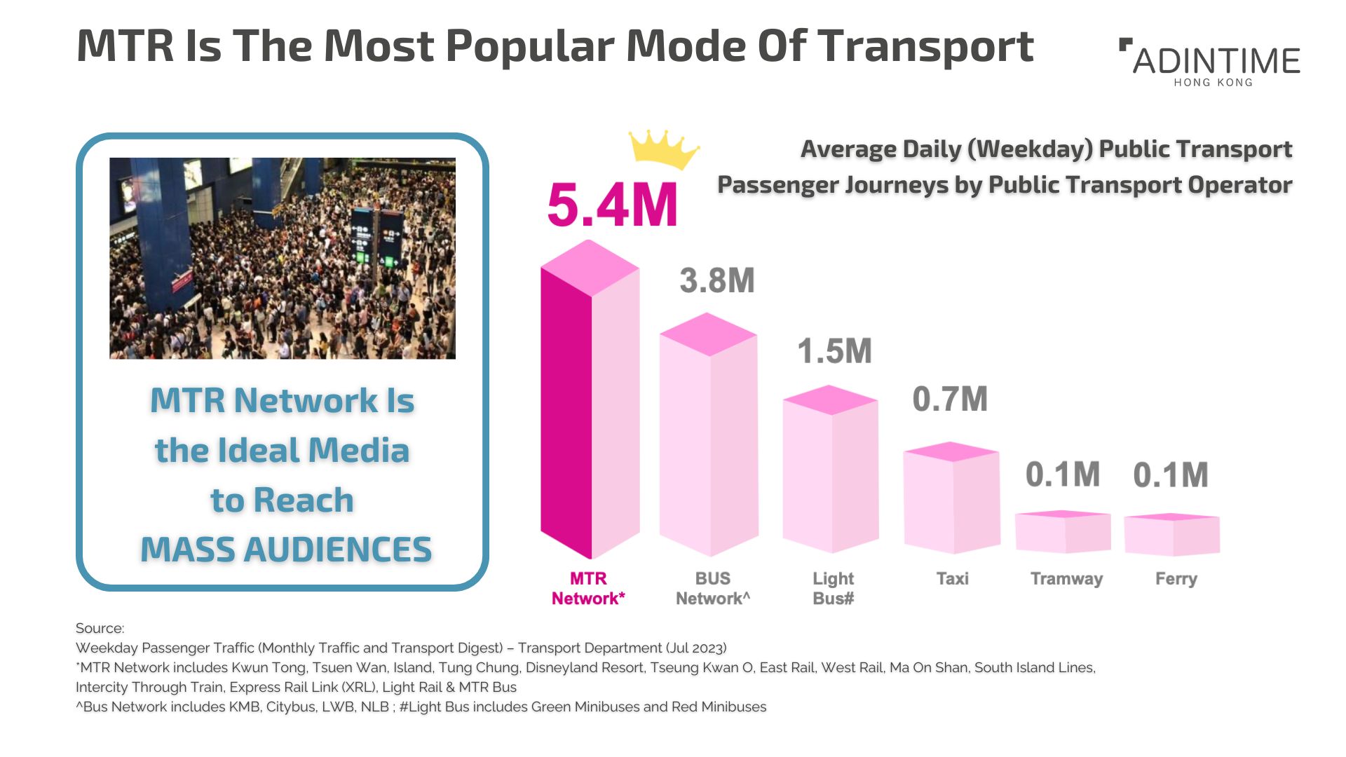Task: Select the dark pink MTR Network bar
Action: click(x=590, y=400)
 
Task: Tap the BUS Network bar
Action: click(x=709, y=435)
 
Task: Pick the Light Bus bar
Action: click(x=831, y=469)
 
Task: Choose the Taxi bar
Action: click(x=951, y=498)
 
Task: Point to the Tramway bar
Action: click(x=1063, y=532)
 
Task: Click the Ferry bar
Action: click(x=1172, y=535)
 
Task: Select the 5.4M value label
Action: click(x=612, y=205)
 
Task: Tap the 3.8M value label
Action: click(x=717, y=280)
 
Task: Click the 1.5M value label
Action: click(x=835, y=351)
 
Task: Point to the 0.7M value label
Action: click(x=950, y=400)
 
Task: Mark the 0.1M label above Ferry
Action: click(x=1171, y=475)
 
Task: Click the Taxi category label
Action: click(x=952, y=579)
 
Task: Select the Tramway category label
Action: click(x=1066, y=579)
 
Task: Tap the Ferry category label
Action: click(x=1176, y=579)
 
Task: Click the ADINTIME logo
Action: click(x=1210, y=62)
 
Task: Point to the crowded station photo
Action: click(x=283, y=258)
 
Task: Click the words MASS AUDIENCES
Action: click(x=286, y=550)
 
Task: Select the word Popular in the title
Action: click(x=529, y=47)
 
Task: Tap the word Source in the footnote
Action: click(x=100, y=628)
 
